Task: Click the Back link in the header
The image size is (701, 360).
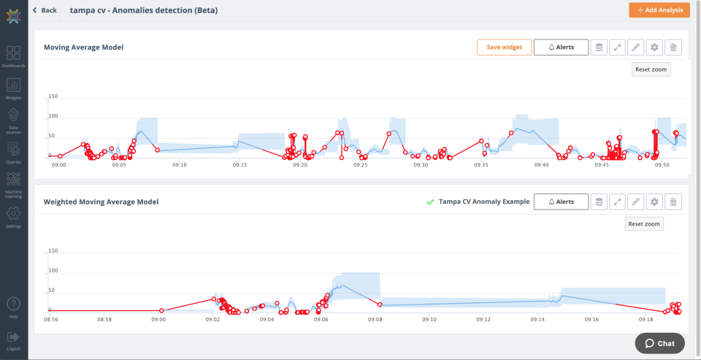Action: [x=45, y=10]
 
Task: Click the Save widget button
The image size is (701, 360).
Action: [x=504, y=47]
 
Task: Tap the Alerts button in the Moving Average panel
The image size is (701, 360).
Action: [x=561, y=47]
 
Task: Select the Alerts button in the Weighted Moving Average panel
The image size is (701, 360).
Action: [x=561, y=202]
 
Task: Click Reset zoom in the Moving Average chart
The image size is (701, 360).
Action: [x=651, y=69]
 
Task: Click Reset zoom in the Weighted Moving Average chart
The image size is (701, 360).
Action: [x=644, y=223]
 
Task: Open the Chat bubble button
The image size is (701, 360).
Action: [x=659, y=343]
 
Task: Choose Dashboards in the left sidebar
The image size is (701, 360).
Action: [x=14, y=55]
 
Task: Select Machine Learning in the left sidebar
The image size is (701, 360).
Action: [x=14, y=183]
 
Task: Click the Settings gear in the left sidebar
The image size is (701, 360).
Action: [x=14, y=215]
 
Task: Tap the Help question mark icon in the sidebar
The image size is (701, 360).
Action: [x=14, y=305]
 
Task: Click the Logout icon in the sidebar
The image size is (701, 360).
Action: [x=14, y=337]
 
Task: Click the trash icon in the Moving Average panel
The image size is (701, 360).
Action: [x=673, y=47]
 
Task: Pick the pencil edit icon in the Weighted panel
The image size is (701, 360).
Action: [x=636, y=202]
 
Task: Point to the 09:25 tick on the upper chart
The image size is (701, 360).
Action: [x=360, y=165]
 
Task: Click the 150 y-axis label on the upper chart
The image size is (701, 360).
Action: [x=53, y=96]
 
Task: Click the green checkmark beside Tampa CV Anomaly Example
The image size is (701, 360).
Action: [x=430, y=202]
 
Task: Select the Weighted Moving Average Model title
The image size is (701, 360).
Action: [x=101, y=202]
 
